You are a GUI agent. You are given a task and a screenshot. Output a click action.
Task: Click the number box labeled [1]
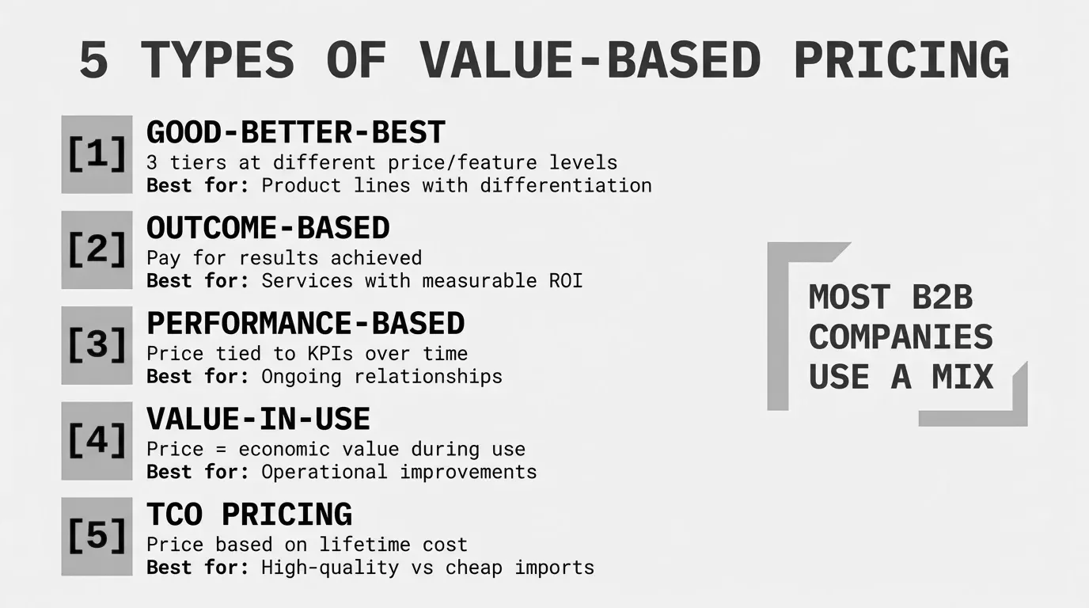(97, 154)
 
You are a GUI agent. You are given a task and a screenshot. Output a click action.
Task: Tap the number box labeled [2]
(97, 250)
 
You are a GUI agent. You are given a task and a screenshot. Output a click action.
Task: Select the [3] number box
(97, 345)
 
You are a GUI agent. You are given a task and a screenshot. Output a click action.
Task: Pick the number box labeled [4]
(97, 441)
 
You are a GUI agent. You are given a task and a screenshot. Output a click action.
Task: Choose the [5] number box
(97, 536)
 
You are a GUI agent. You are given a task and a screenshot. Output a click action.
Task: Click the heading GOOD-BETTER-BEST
(295, 132)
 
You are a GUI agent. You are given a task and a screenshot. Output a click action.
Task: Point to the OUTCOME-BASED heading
(268, 228)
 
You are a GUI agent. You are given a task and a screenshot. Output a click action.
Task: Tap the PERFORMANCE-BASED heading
(305, 323)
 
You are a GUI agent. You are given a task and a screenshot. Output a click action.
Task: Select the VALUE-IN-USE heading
(258, 419)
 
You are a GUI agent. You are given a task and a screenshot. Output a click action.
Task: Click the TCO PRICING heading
(249, 514)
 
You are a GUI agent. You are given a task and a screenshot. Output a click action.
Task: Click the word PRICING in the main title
(902, 60)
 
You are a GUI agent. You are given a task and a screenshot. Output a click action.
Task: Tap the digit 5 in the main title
(94, 60)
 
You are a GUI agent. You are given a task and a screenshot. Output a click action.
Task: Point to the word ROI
(566, 281)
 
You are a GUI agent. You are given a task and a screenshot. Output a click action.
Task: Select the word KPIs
(330, 354)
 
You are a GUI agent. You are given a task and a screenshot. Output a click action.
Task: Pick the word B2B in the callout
(942, 297)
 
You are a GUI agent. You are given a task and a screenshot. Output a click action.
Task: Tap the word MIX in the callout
(962, 377)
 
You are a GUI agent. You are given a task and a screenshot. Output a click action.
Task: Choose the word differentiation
(566, 186)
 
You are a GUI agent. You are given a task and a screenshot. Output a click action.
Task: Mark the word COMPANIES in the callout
(901, 337)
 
